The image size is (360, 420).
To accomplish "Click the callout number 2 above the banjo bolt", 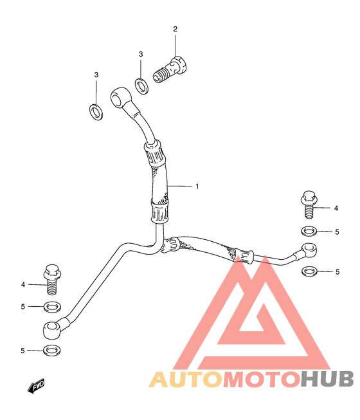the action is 175,29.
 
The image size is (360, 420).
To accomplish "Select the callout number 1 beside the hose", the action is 197,186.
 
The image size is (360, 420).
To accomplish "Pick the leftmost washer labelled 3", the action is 96,112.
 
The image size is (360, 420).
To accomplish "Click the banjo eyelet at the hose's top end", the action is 120,98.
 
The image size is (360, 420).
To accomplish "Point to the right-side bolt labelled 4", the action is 309,204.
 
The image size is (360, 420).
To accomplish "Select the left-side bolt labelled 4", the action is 52,279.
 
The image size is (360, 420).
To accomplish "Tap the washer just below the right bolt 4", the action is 309,231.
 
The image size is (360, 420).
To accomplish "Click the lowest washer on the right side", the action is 309,271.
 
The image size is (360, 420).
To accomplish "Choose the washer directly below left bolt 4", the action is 52,306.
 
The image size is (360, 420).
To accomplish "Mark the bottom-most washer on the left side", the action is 51,350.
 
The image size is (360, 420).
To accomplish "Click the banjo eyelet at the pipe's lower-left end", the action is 52,330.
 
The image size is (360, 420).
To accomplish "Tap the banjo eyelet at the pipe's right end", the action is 309,250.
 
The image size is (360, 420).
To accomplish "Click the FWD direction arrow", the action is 36,386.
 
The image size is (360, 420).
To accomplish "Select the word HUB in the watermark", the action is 327,379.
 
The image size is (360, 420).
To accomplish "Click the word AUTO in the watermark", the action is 186,380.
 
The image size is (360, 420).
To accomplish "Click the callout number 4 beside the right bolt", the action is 336,208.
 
